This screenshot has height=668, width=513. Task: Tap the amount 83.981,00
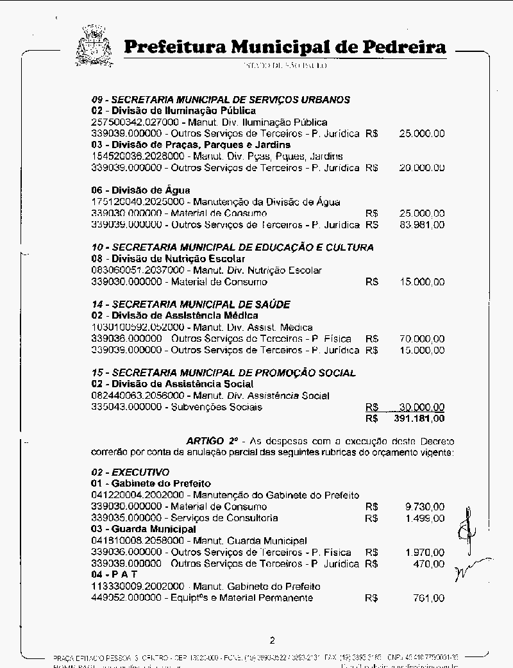click(x=422, y=225)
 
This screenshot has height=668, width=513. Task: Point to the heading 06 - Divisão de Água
click(x=140, y=190)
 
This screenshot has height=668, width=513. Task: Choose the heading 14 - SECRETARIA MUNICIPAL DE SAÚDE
click(x=190, y=305)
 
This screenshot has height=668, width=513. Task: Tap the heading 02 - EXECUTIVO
click(x=130, y=472)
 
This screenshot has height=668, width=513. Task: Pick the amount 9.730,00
click(x=425, y=506)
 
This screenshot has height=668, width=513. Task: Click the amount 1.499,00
click(x=425, y=518)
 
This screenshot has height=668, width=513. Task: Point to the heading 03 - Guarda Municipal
click(x=143, y=530)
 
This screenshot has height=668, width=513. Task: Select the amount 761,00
click(x=429, y=598)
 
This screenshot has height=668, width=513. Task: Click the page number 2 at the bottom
click(x=273, y=640)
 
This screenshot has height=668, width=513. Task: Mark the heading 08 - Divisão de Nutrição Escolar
click(x=168, y=259)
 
